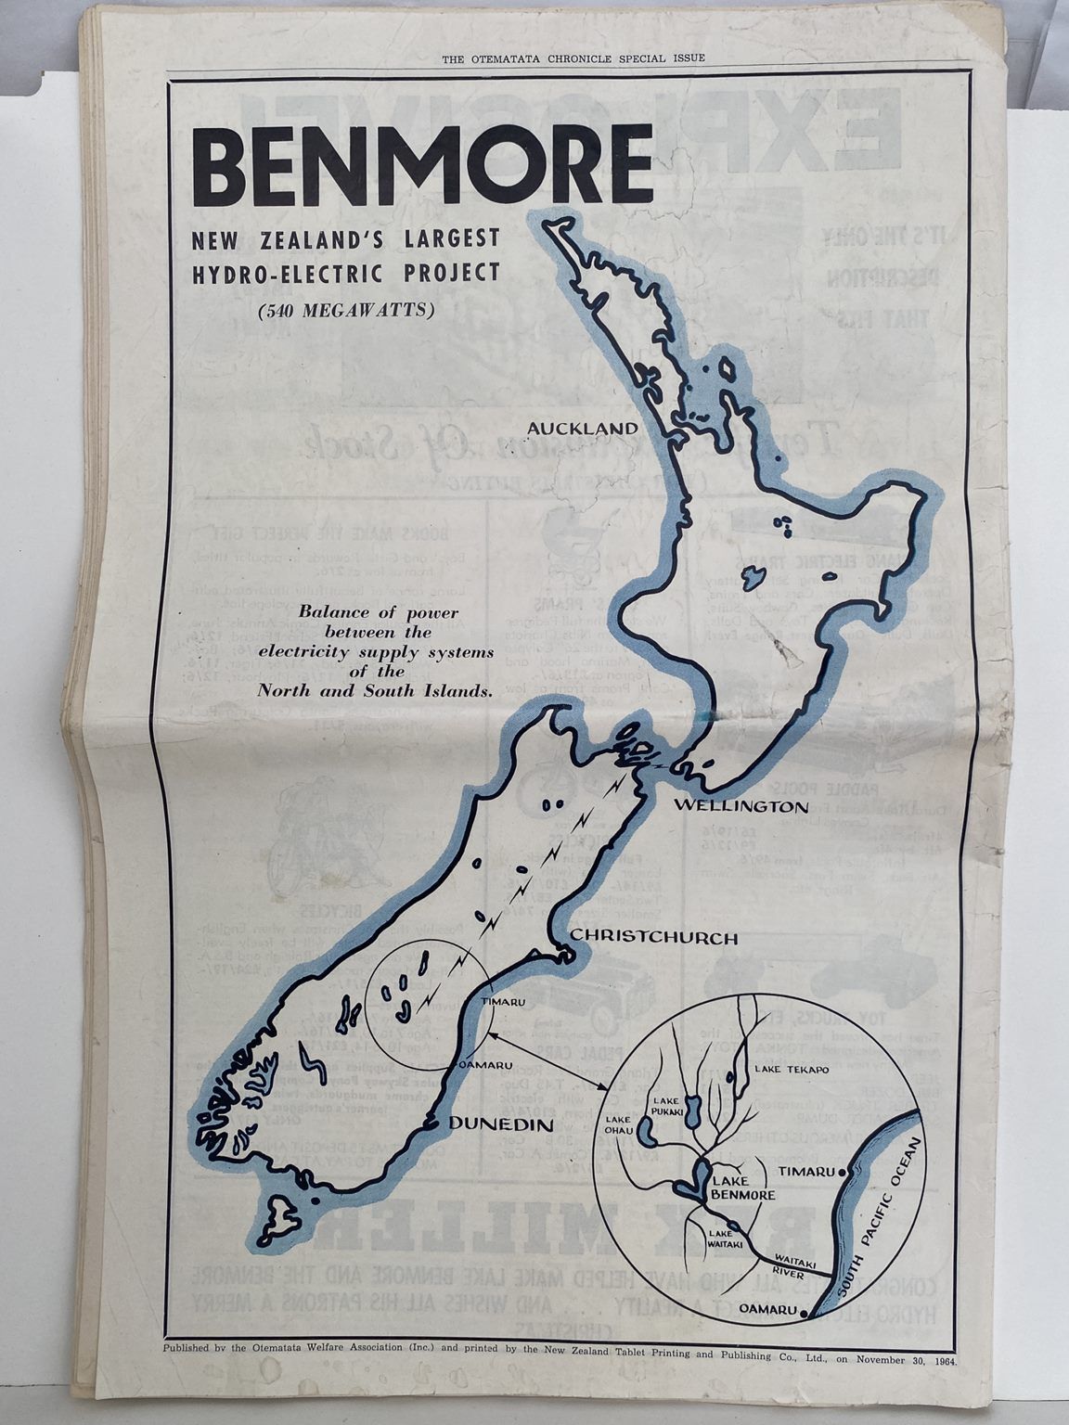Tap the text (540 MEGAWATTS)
tap(346, 311)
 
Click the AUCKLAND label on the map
tap(583, 429)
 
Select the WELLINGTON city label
tap(741, 806)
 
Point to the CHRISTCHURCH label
tap(653, 938)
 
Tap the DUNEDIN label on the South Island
tap(500, 1124)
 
